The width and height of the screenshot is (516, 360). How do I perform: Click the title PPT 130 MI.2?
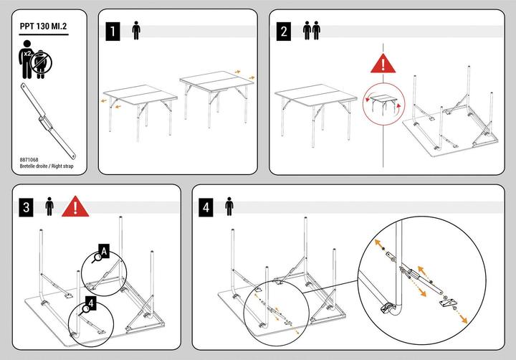click(43, 27)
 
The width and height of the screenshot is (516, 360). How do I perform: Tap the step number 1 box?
click(113, 32)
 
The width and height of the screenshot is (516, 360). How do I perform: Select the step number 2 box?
click(283, 32)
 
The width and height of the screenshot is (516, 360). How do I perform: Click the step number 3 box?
click(26, 207)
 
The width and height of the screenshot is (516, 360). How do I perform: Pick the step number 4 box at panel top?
click(206, 207)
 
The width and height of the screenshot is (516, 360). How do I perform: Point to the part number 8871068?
click(29, 160)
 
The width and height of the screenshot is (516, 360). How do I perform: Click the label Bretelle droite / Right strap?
click(47, 166)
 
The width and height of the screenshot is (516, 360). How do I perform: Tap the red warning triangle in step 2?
click(383, 64)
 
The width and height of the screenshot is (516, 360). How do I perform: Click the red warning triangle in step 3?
click(75, 207)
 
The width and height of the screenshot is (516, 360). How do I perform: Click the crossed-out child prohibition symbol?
click(41, 62)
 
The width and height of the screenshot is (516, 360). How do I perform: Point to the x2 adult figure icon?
click(26, 60)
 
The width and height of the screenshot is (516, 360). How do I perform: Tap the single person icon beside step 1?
click(136, 30)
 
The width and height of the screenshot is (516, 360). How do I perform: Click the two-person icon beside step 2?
click(311, 30)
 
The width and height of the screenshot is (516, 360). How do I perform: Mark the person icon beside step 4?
click(229, 207)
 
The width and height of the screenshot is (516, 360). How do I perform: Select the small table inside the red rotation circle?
click(383, 103)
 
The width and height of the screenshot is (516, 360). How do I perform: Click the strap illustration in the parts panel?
click(48, 121)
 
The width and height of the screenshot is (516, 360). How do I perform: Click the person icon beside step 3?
click(49, 207)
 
